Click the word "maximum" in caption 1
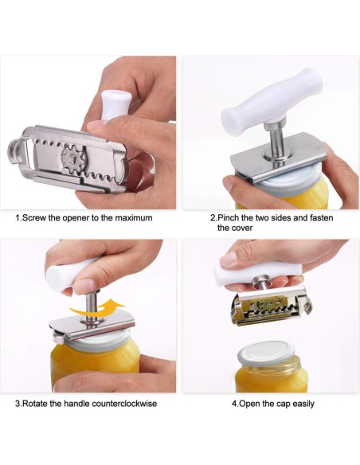coord(131,217)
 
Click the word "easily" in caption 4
coord(300,404)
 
